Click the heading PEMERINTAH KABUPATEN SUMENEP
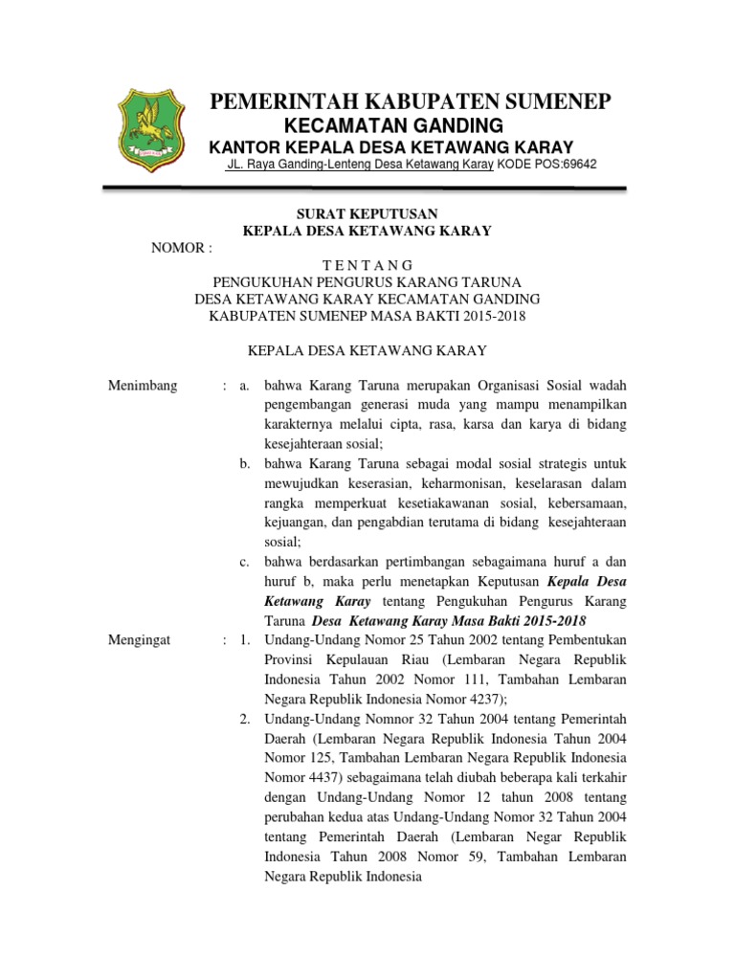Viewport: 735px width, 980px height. (x=411, y=102)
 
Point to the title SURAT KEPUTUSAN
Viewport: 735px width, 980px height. (x=367, y=213)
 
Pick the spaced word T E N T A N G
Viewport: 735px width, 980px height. (x=367, y=265)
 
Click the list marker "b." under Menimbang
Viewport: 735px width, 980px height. (x=245, y=463)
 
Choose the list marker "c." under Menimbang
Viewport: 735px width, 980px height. (x=245, y=561)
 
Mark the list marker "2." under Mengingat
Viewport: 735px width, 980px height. (x=245, y=719)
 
